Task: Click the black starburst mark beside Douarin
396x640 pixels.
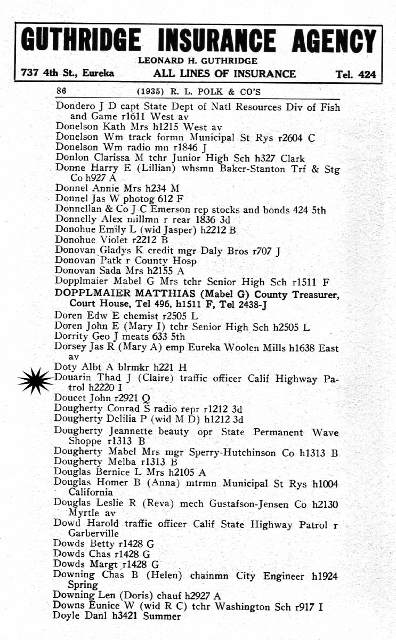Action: coord(36,379)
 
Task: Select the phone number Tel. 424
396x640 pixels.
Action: coord(355,75)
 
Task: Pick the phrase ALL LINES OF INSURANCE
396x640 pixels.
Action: coord(224,74)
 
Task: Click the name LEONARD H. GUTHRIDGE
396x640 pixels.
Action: coord(198,61)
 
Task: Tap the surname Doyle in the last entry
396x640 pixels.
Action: coord(67,617)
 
